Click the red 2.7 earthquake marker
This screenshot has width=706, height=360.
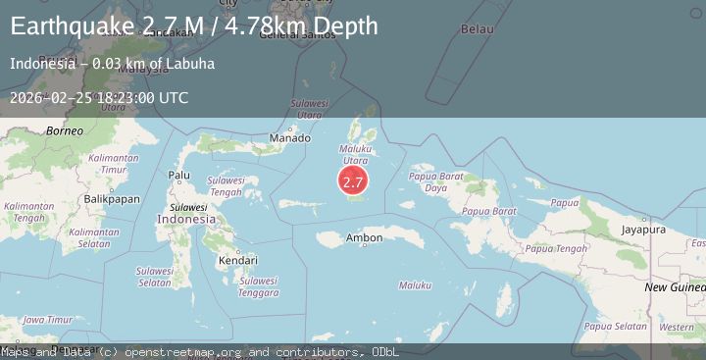tap(353, 181)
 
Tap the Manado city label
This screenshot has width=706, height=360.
tap(289, 139)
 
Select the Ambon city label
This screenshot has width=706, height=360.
tap(365, 237)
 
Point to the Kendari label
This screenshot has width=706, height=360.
tap(238, 261)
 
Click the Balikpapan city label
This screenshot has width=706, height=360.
tap(112, 198)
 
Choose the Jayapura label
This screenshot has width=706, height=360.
tap(642, 230)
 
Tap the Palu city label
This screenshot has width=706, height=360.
tap(179, 175)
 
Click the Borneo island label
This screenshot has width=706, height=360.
tap(38, 130)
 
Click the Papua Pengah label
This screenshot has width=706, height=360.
tap(556, 248)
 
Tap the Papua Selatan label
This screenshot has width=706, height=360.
tap(615, 326)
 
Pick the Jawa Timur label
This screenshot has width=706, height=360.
tap(47, 320)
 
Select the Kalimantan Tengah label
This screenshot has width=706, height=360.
tap(28, 212)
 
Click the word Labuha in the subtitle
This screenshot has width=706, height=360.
tap(191, 65)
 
